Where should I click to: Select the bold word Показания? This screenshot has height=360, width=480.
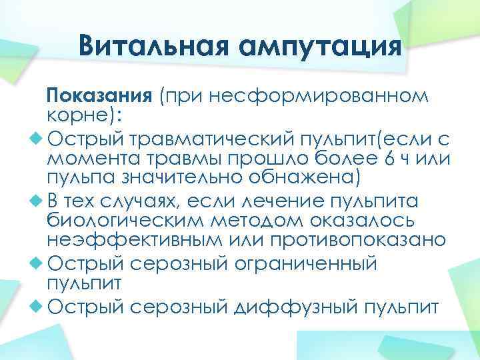[101, 95]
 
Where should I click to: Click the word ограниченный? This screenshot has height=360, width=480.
[304, 263]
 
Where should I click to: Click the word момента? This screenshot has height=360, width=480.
[89, 160]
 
